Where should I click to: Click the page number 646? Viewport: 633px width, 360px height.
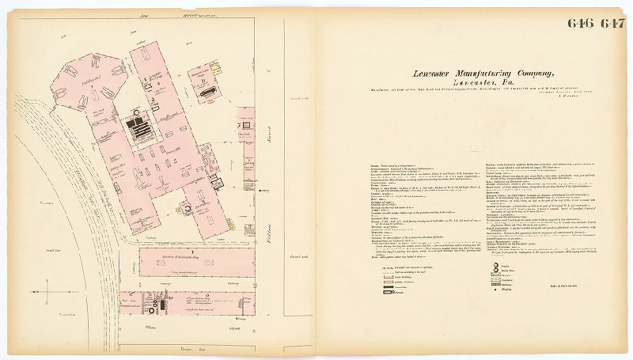click(x=580, y=22)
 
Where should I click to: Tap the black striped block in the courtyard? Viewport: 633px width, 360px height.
click(x=142, y=130)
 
